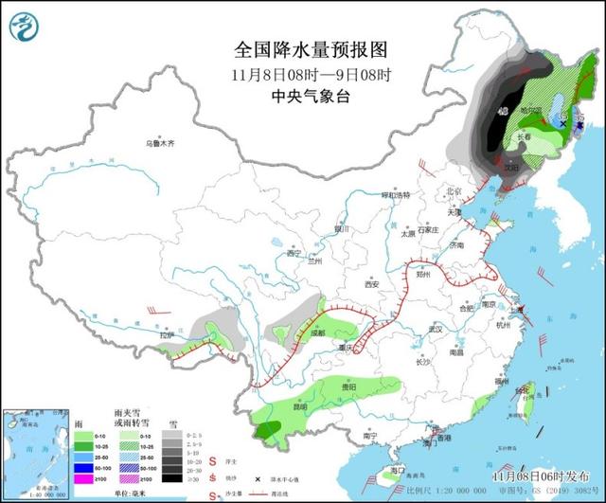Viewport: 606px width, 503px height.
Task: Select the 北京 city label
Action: tap(454, 190)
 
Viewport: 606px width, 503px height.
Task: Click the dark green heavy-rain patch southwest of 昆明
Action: tap(268, 432)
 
